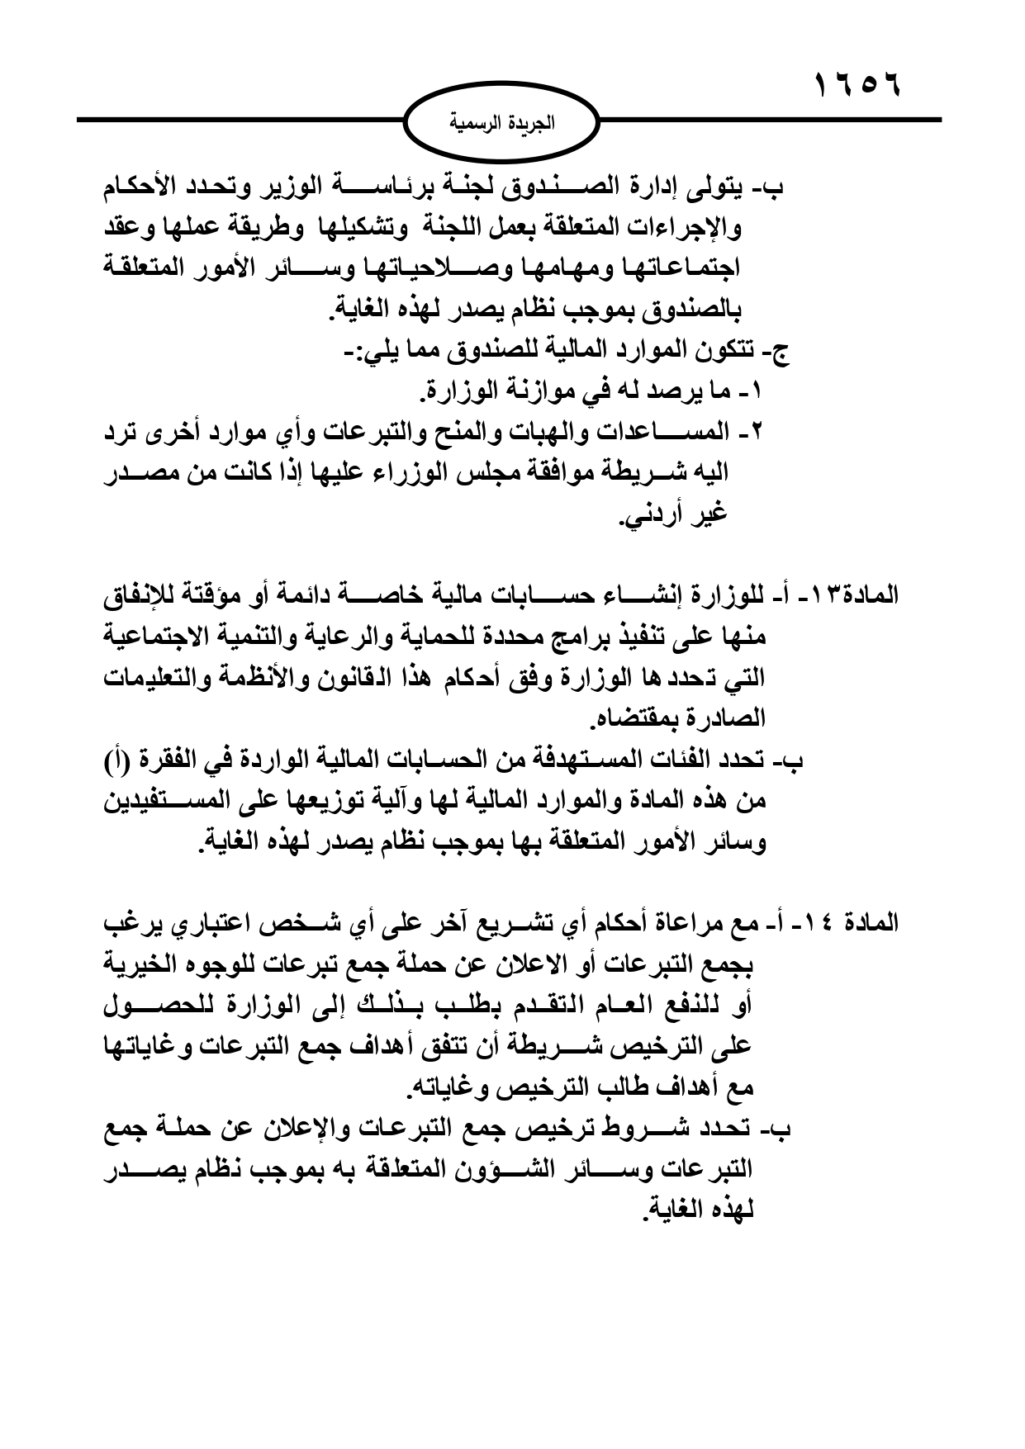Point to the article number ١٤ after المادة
tap(825, 922)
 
